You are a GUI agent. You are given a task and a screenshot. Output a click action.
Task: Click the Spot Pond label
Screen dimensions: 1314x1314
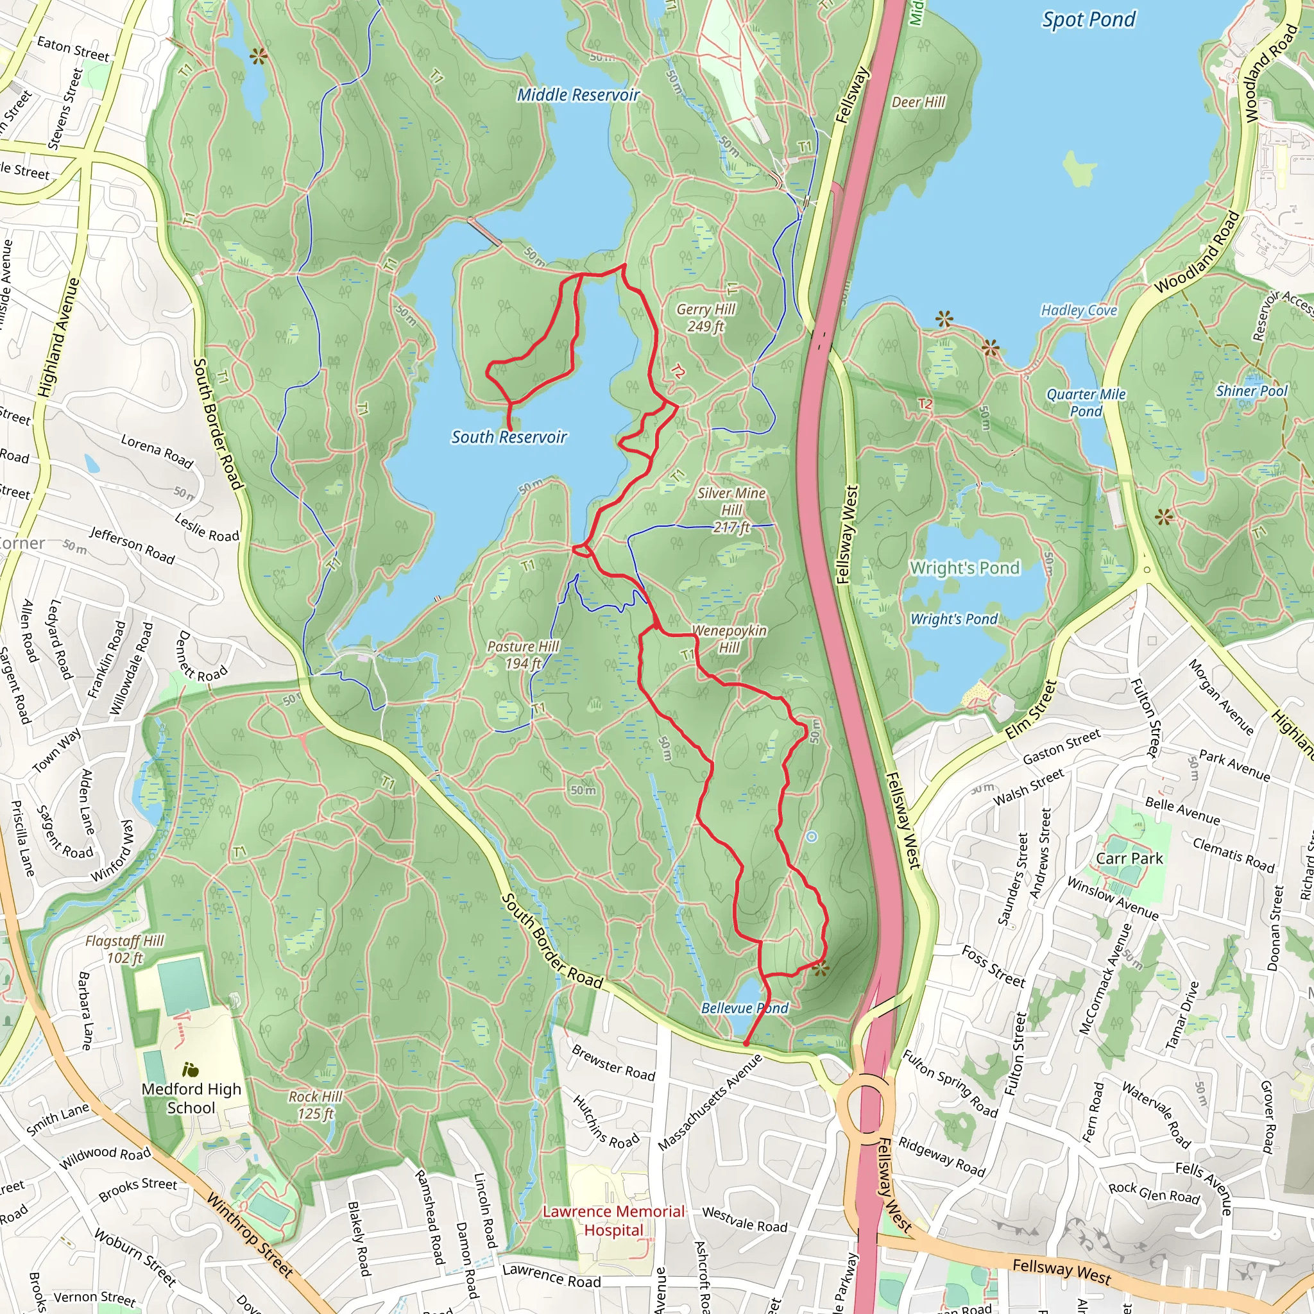(x=1089, y=20)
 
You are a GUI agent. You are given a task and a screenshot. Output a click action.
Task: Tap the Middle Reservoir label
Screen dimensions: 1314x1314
(x=578, y=94)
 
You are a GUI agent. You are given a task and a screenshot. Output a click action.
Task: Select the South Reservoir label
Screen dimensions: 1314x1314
(x=509, y=438)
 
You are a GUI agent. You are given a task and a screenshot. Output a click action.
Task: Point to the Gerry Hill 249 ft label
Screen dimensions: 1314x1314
(x=705, y=318)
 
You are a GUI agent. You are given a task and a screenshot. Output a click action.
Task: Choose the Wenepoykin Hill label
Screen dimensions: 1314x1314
(x=728, y=638)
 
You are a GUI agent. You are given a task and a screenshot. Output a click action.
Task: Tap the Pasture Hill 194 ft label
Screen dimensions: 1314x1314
(x=523, y=654)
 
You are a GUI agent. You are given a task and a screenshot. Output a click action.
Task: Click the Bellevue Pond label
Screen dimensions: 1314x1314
(x=744, y=1008)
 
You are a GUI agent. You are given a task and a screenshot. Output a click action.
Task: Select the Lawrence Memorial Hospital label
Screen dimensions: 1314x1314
(x=613, y=1220)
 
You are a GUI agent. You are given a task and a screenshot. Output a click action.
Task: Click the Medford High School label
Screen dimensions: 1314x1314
(x=191, y=1098)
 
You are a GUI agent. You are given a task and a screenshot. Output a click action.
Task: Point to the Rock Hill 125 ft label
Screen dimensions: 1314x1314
(x=316, y=1105)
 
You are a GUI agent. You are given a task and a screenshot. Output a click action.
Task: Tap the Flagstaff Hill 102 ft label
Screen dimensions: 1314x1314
(x=124, y=949)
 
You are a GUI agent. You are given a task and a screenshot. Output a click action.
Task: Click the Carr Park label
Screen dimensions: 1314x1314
(x=1129, y=858)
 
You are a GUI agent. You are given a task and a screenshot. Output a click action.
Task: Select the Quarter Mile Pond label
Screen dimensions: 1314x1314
(x=1086, y=403)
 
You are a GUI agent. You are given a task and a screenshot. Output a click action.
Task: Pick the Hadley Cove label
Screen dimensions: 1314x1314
(x=1079, y=310)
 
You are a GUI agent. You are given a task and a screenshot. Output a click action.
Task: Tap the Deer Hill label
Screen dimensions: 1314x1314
(x=918, y=102)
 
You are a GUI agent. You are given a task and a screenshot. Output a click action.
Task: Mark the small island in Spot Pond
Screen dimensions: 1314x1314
(x=1079, y=168)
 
